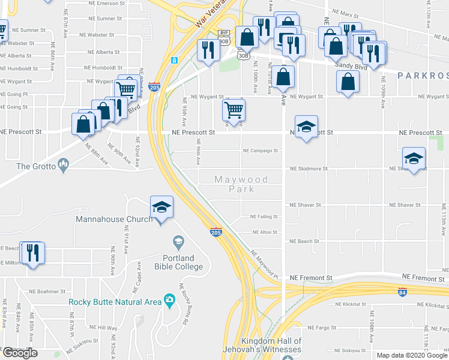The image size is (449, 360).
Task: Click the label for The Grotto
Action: click(x=31, y=166)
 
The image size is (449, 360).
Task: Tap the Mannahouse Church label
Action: click(x=114, y=219)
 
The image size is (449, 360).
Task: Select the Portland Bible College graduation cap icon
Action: click(x=178, y=242)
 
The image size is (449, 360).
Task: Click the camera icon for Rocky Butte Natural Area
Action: click(x=170, y=301)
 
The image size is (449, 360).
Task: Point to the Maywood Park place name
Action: click(x=241, y=184)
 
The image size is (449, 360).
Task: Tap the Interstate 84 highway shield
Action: click(x=402, y=291)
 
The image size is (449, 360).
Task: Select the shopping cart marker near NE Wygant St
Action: click(x=234, y=110)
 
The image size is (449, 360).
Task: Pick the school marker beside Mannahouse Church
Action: click(x=161, y=206)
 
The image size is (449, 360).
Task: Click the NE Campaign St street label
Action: click(x=260, y=151)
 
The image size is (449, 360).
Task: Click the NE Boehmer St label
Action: click(x=46, y=291)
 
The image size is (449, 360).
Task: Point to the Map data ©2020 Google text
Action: click(x=411, y=355)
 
